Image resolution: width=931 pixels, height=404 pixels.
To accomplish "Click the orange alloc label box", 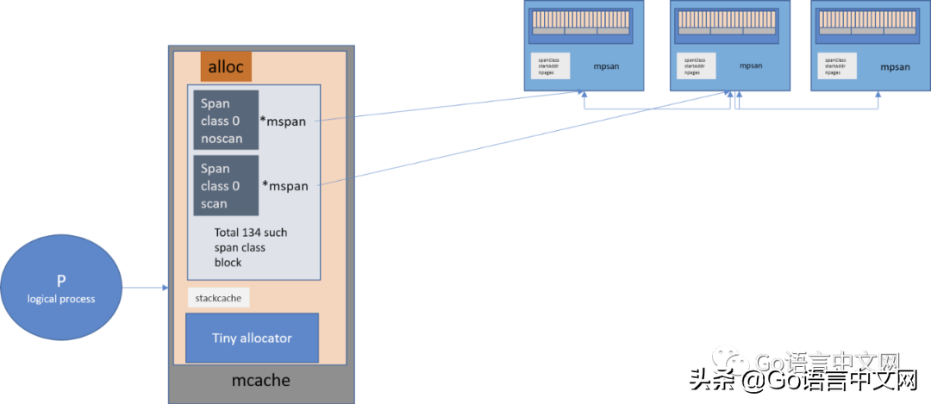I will click(226, 66).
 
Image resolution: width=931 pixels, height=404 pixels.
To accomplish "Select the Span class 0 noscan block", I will click(226, 121).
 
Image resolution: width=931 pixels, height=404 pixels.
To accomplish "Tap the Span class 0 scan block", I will click(226, 186).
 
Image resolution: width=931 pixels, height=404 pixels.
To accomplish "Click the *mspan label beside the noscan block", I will click(284, 121).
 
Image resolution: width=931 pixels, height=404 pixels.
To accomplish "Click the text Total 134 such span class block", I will click(251, 247).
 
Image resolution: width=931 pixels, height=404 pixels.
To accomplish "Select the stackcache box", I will click(218, 298).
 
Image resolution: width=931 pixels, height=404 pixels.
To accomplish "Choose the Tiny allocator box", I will click(252, 338).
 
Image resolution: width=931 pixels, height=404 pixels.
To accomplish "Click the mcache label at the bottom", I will click(260, 380).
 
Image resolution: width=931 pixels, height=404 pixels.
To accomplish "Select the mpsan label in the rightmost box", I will click(895, 66).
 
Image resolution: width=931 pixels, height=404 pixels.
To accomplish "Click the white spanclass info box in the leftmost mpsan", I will click(550, 65).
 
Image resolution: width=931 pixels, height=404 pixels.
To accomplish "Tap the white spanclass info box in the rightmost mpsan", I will click(836, 66).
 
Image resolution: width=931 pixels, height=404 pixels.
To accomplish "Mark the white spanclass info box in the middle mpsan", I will click(695, 65).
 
